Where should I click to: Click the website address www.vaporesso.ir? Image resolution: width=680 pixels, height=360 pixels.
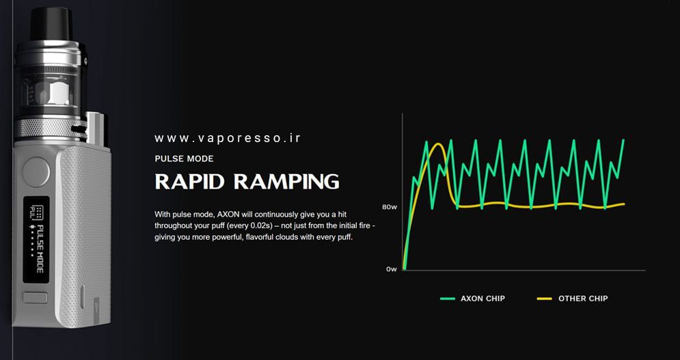tap(228, 139)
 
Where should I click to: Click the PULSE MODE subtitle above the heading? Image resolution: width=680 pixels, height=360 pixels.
tap(184, 158)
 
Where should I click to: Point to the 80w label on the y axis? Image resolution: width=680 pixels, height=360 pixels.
tap(390, 206)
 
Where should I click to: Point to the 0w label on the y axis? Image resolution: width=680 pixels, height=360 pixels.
tap(391, 269)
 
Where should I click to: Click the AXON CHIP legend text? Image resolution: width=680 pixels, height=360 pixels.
tap(482, 299)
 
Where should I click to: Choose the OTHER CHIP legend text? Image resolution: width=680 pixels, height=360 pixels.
tap(583, 299)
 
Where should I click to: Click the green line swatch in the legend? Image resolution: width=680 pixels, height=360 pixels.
tap(448, 299)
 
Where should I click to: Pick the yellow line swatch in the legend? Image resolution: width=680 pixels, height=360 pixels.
tap(545, 299)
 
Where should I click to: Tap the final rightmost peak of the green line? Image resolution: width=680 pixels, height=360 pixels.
tap(623, 141)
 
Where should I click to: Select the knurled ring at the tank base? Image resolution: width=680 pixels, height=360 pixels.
tap(44, 127)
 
